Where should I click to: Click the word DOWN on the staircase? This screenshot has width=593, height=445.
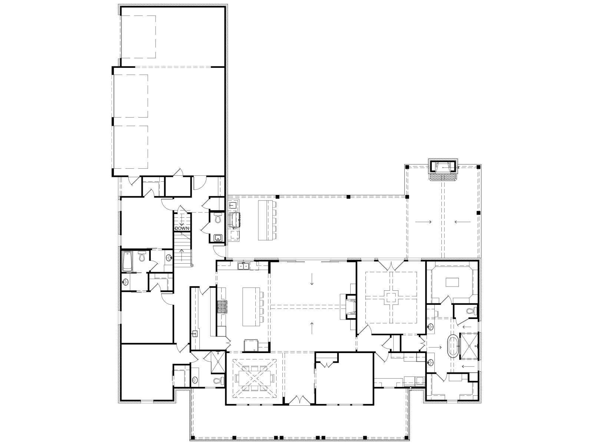click(182, 228)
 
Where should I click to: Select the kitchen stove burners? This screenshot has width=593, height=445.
click(222, 307)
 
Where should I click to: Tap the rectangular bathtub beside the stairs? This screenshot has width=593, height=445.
click(127, 261)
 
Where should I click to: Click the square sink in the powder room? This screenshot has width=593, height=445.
click(218, 238)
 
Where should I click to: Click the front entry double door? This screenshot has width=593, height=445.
click(299, 400)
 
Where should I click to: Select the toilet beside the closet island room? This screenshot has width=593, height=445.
click(472, 311)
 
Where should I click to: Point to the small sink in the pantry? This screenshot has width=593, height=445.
click(195, 334)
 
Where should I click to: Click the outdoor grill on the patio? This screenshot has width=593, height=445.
click(234, 220)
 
